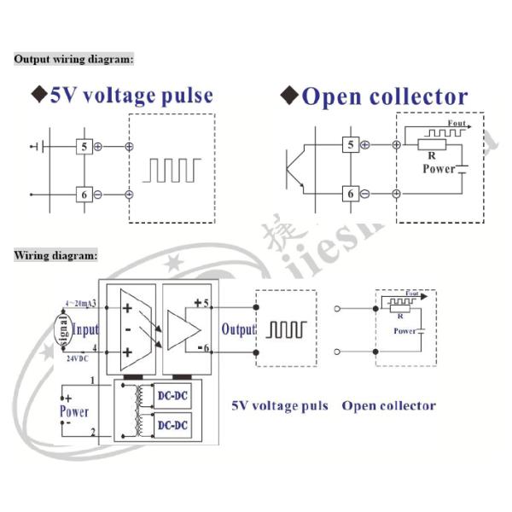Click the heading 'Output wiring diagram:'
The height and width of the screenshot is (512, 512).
point(73,59)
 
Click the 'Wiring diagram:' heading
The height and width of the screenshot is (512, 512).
point(55,255)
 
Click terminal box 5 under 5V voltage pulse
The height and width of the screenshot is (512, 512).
point(84,146)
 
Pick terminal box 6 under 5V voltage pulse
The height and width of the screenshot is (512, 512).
point(84,195)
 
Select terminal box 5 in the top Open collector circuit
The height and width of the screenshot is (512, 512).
point(350,144)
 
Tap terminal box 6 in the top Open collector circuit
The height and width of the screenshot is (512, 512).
point(350,194)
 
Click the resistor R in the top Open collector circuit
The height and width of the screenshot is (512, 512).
point(432,145)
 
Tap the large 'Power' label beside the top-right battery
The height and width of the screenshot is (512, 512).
point(439,168)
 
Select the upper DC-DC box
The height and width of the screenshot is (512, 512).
point(173,395)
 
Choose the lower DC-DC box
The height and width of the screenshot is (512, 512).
point(173,425)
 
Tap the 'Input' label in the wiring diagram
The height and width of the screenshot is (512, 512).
point(86,329)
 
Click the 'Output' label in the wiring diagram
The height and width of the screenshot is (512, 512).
point(238,329)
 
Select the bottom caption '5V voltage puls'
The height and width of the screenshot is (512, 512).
point(280,405)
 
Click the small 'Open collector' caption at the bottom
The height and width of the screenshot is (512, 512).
point(388,405)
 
